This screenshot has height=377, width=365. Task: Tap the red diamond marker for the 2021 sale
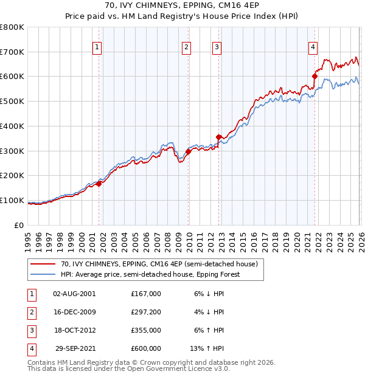[x=315, y=77]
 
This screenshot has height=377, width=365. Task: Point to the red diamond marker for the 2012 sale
[x=218, y=137]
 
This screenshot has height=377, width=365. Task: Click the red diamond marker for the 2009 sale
[x=188, y=151]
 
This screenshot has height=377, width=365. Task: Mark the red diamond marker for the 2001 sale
[x=99, y=184]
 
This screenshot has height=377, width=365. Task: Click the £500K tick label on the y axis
[x=12, y=102]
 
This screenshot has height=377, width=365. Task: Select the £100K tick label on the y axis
[x=12, y=200]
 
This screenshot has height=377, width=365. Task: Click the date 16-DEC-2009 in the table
[x=74, y=312]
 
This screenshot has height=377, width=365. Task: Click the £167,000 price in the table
[x=145, y=294]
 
